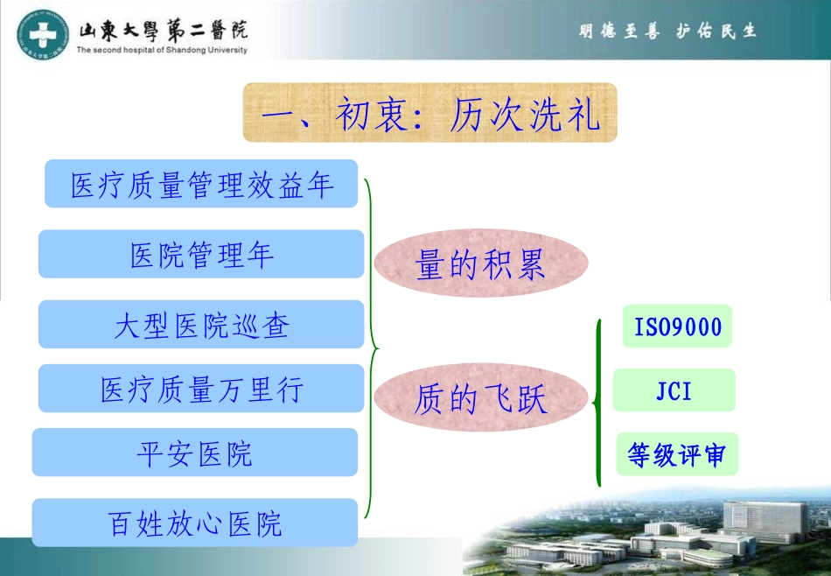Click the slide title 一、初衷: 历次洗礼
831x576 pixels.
429,113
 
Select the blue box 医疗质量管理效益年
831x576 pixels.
201,184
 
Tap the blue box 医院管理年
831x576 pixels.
201,254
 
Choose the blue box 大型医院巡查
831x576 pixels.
201,325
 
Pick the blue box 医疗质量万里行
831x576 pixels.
201,389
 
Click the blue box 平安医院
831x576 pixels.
195,453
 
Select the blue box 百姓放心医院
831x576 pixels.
195,523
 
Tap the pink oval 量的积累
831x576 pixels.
481,263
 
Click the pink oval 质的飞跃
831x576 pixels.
481,398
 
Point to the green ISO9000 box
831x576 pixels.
677,327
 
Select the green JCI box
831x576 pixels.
674,390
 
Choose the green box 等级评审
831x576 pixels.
676,454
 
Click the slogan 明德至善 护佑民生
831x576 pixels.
667,32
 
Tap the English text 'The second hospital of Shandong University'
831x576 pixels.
162,50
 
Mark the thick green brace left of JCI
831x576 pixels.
598,403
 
